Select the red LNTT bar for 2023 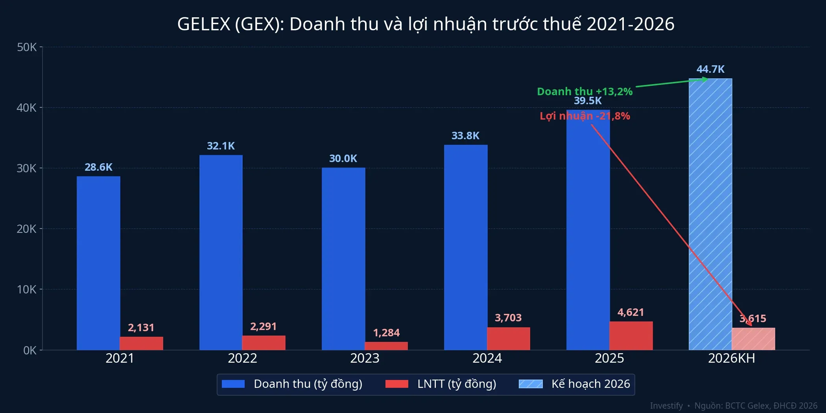coord(386,346)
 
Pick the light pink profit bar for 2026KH coord(753,339)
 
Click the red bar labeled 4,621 coord(631,336)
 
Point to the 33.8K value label coord(465,136)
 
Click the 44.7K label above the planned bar coord(710,69)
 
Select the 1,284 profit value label coord(386,333)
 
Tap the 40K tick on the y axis coord(26,108)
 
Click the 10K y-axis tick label coord(26,289)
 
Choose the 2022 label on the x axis coord(242,358)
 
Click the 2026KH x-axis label coord(731,358)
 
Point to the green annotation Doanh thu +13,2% coord(584,92)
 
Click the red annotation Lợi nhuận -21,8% coord(584,116)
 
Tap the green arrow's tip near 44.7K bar coord(706,79)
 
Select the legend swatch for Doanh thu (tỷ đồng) coord(233,384)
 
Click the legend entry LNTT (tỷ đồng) coord(456,384)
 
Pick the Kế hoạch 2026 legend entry coord(590,384)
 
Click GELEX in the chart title coord(203,24)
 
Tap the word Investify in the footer coord(666,406)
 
